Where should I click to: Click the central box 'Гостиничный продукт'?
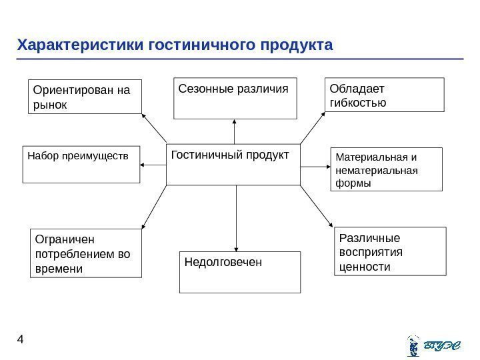pyautogui.click(x=233, y=164)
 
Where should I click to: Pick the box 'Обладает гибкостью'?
pyautogui.click(x=384, y=94)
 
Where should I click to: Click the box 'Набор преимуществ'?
pyautogui.click(x=81, y=164)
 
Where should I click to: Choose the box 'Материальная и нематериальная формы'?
pyautogui.click(x=387, y=169)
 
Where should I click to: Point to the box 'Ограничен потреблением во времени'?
pyautogui.click(x=87, y=253)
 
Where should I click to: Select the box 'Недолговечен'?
pyautogui.click(x=240, y=272)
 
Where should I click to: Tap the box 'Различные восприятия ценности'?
pyautogui.click(x=388, y=251)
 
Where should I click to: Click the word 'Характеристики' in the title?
pyautogui.click(x=81, y=45)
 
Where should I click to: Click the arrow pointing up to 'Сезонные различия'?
pyautogui.click(x=235, y=131)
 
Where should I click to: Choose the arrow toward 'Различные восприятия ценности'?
pyautogui.click(x=315, y=207)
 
